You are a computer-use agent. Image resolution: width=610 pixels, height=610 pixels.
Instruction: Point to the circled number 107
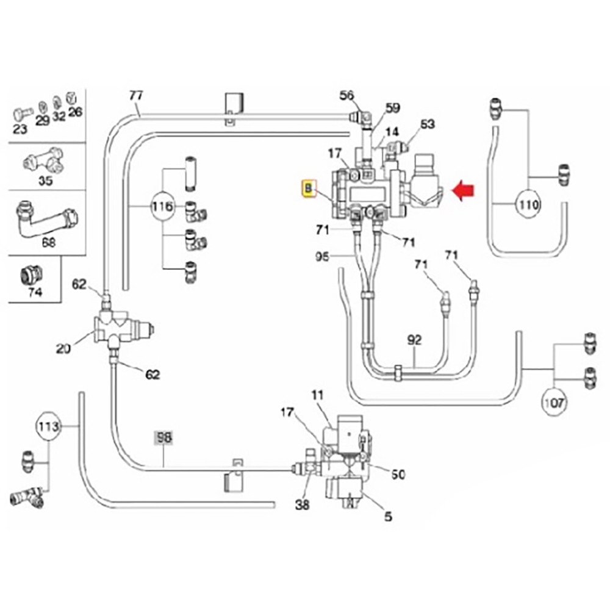[555, 402]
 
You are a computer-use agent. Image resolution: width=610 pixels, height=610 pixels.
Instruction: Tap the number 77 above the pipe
[135, 96]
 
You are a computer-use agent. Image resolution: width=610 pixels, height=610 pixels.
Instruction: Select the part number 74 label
[35, 292]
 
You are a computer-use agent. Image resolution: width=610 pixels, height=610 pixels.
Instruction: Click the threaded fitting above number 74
[31, 274]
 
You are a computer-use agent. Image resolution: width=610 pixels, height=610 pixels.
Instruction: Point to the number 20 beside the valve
[63, 348]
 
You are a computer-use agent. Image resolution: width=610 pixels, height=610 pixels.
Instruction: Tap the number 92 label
[414, 340]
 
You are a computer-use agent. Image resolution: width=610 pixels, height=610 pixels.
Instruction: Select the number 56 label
[346, 95]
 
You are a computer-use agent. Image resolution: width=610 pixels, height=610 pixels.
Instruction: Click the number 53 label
[428, 124]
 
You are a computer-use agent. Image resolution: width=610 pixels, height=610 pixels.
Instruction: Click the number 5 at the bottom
[388, 517]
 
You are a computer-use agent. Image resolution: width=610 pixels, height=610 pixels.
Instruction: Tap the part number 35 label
[45, 180]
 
